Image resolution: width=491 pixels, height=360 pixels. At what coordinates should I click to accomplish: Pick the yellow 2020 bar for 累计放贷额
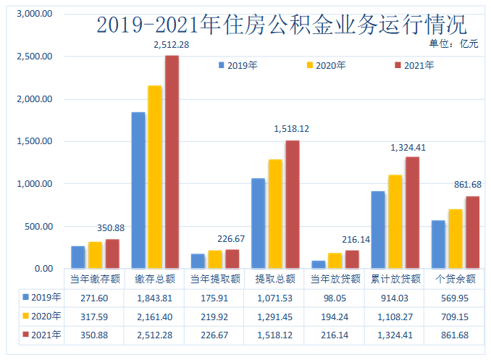tap(395, 222)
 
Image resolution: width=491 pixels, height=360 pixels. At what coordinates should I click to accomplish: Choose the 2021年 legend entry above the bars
tap(414, 65)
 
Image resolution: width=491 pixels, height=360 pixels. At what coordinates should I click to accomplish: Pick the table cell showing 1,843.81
tap(154, 298)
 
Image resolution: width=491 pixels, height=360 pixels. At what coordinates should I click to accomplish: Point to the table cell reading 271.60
tap(93, 298)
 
